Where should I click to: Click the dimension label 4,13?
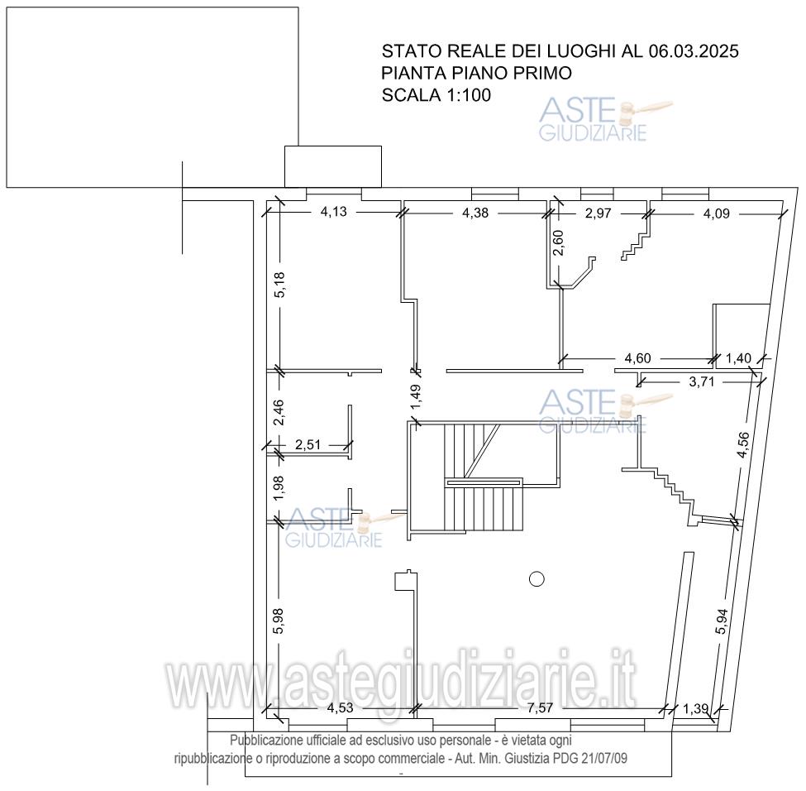[334, 212]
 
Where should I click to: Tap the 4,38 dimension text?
[475, 213]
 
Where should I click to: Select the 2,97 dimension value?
[598, 213]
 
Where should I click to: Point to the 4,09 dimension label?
[717, 213]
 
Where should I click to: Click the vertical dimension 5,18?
[279, 285]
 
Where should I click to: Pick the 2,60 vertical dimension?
[558, 243]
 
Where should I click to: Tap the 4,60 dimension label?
[637, 358]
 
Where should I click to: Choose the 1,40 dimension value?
[738, 358]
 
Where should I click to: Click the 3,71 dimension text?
[702, 382]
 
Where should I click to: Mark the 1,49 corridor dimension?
[416, 398]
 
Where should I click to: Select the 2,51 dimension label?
[308, 444]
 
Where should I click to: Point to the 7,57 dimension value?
[540, 708]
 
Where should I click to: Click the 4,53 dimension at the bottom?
[341, 708]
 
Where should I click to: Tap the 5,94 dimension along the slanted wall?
[723, 621]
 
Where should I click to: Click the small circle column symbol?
[537, 579]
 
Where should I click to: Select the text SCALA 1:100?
[436, 95]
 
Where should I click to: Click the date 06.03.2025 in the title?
[694, 51]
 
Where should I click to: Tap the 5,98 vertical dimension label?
[279, 621]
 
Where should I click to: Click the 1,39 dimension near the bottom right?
[696, 708]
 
